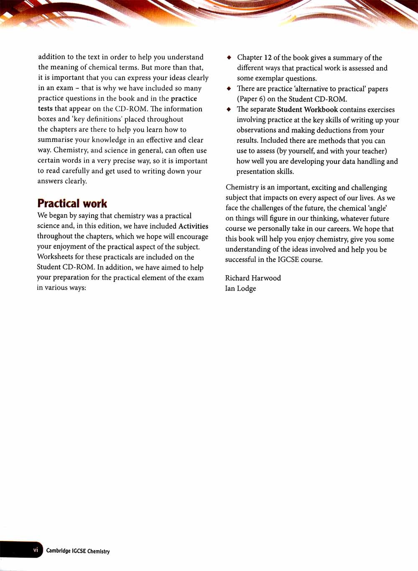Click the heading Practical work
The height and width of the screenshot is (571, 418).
[x=72, y=204]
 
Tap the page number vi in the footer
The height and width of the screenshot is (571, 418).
[x=36, y=550]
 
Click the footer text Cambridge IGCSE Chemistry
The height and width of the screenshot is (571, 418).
[x=78, y=551]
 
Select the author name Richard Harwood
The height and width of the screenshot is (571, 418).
[x=253, y=278]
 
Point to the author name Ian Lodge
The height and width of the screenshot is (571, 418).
[x=240, y=289]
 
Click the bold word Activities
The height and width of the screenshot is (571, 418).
[x=193, y=226]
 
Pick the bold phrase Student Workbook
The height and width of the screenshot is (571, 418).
[x=307, y=110]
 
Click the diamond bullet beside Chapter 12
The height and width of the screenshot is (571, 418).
[x=229, y=57]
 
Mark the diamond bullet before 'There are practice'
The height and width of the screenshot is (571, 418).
[x=229, y=89]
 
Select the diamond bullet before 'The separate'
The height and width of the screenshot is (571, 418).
[x=229, y=109]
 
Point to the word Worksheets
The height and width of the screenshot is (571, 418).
[x=55, y=257]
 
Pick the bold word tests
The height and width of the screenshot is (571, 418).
[x=45, y=109]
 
